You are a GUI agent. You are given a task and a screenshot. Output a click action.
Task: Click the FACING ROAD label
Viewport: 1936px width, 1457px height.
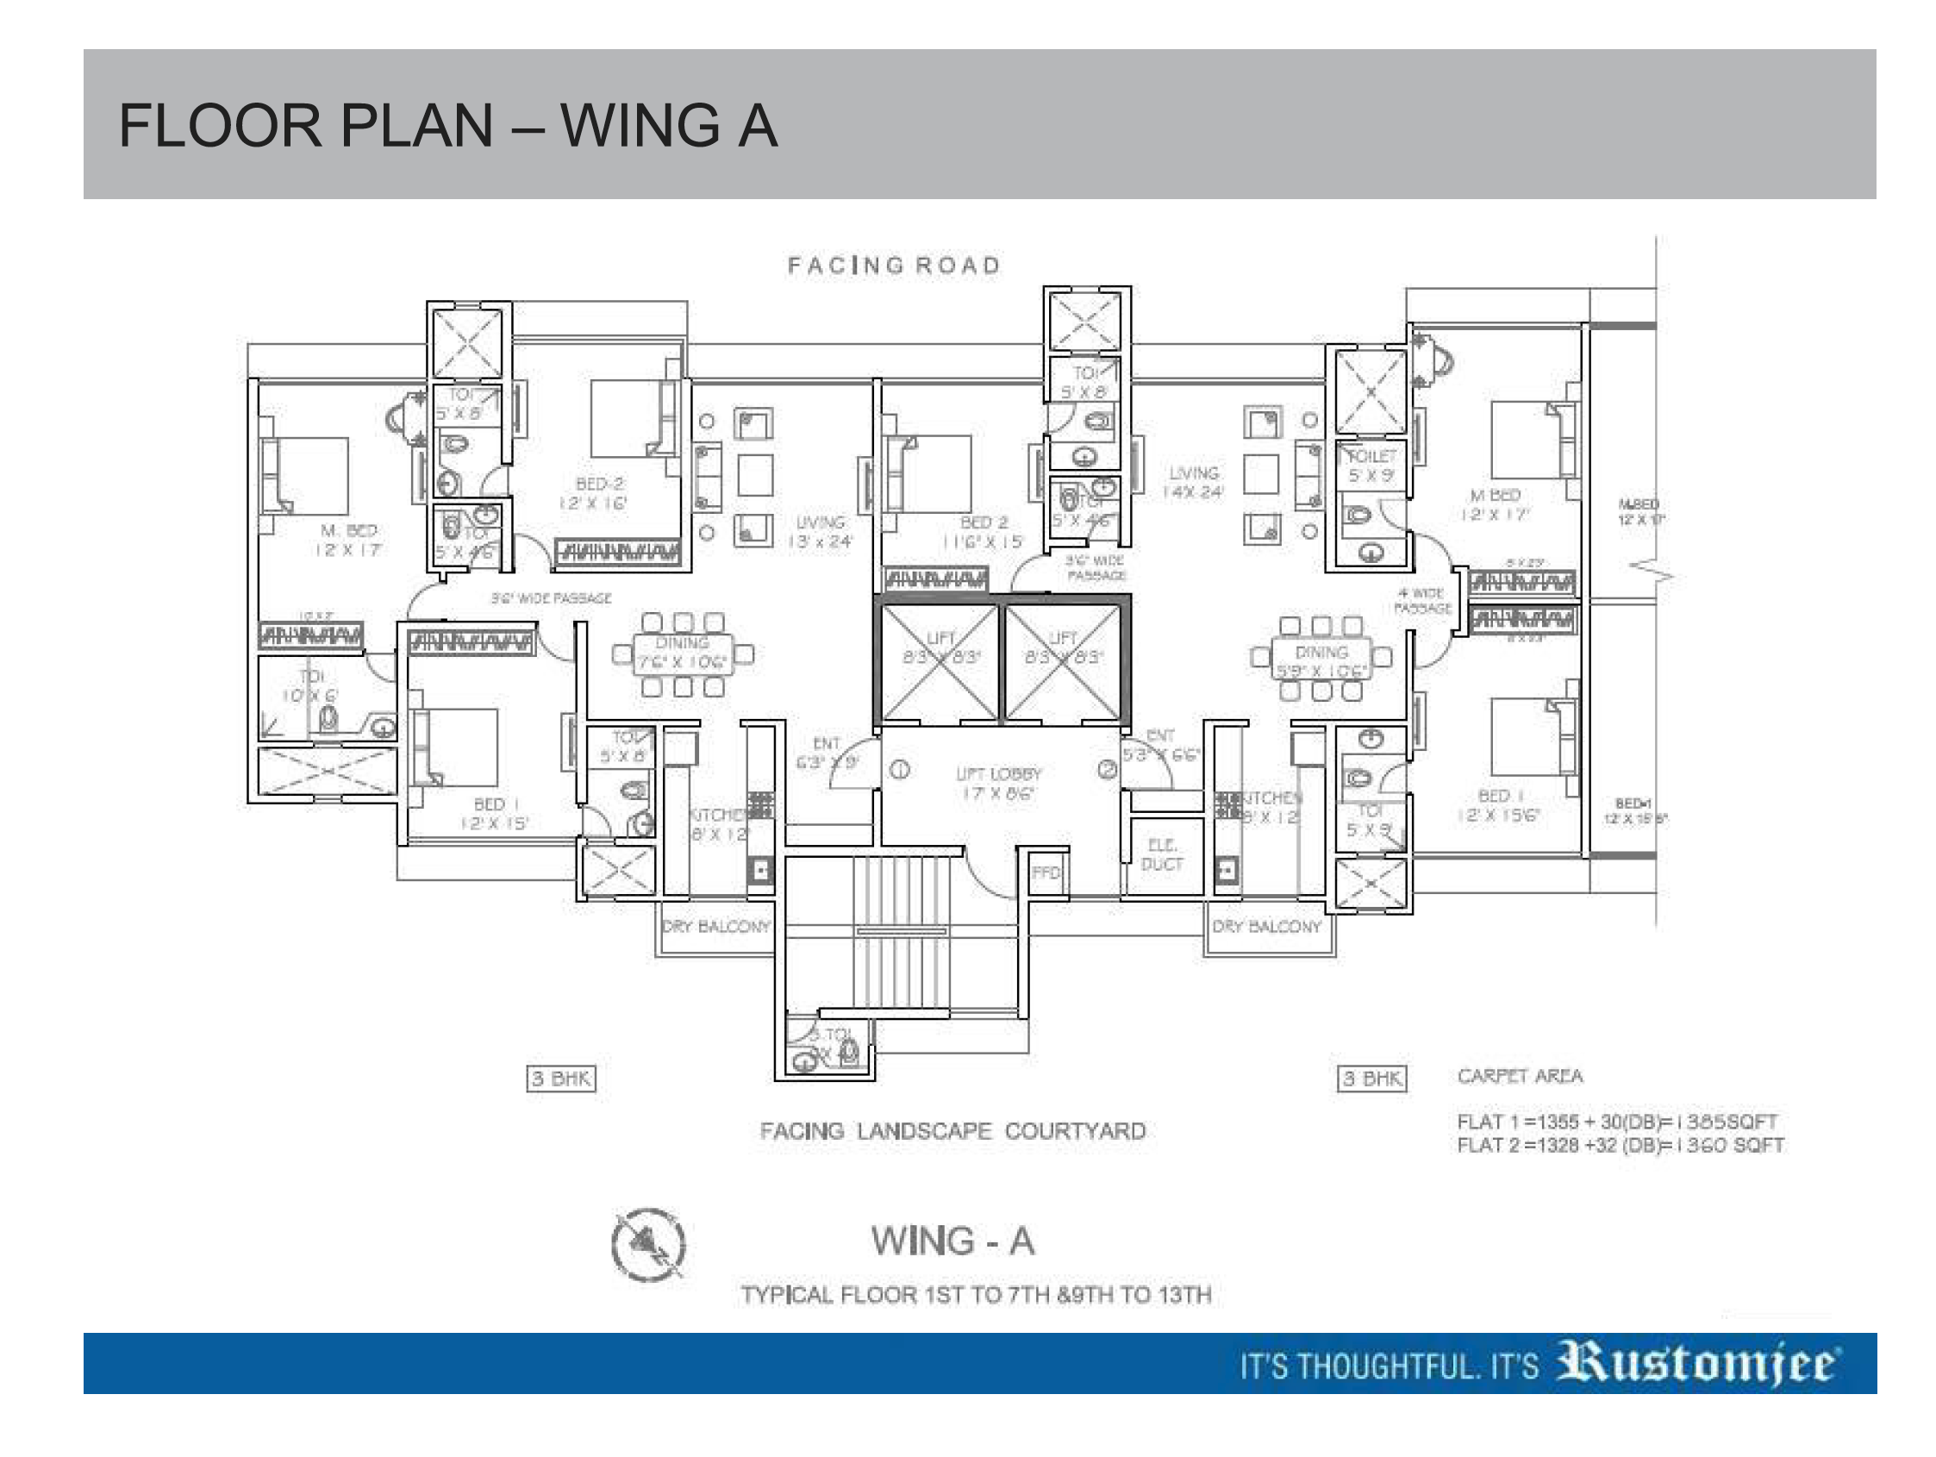pos(894,266)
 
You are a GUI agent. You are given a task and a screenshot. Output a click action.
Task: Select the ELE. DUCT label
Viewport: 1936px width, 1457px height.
pos(1161,854)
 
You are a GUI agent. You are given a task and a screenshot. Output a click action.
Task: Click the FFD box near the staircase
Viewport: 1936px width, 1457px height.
pos(1046,873)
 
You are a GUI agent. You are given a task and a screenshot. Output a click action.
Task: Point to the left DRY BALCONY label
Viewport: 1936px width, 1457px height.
pos(716,927)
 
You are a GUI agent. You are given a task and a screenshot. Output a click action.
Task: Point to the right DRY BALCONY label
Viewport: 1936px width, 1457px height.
pos(1266,927)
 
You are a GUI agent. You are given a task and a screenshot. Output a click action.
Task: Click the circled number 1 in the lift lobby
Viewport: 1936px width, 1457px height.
pos(900,770)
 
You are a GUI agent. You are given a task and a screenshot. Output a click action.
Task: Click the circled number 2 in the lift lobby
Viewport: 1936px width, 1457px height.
pos(1107,770)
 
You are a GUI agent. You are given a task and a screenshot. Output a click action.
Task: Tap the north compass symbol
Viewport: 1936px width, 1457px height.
pos(648,1244)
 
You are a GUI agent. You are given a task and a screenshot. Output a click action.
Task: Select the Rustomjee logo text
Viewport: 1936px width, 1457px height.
pos(1698,1364)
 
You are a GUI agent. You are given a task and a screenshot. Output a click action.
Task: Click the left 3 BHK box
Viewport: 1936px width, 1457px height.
pos(561,1079)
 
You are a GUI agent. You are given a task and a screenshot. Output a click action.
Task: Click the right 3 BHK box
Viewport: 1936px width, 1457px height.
pos(1372,1079)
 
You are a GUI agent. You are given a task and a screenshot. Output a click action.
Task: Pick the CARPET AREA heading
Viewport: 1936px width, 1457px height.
pos(1520,1076)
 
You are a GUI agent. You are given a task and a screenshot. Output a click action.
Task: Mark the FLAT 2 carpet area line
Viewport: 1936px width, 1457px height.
pos(1619,1145)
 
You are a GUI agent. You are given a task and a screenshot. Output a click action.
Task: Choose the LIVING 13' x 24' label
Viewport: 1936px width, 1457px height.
pos(820,531)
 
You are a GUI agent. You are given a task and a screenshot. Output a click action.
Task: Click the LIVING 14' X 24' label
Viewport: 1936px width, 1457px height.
pos(1193,483)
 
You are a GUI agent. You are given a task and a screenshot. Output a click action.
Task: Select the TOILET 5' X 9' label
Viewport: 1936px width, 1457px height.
pos(1371,466)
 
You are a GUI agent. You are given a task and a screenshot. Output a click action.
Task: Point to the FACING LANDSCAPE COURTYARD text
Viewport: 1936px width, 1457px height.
pos(952,1131)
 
